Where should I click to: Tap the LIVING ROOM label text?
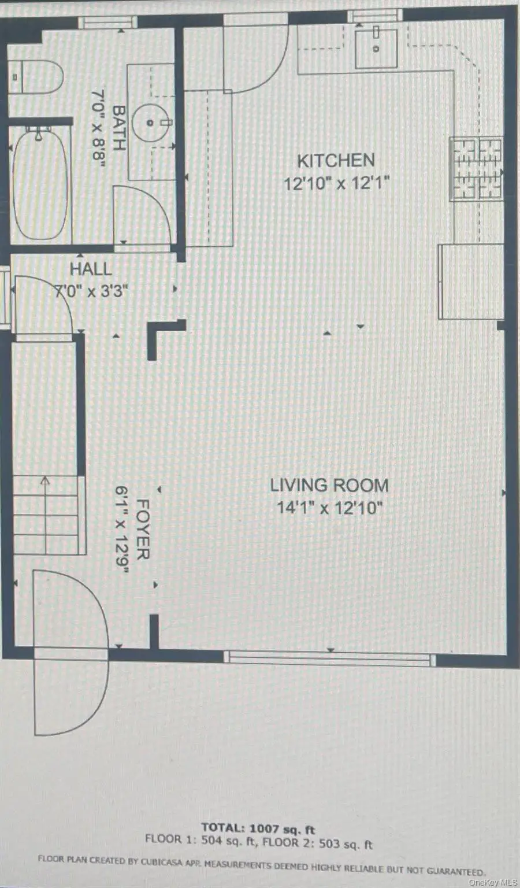pos(329,485)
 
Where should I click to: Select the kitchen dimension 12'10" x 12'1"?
pos(336,184)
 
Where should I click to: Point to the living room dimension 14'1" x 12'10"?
pos(329,508)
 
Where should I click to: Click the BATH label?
pos(119,128)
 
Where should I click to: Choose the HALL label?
pos(91,269)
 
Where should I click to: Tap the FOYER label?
pos(142,530)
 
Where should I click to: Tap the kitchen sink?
pos(376,49)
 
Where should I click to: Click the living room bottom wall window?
pos(329,658)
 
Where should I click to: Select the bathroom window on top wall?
pos(107,23)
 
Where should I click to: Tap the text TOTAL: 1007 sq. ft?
pos(258,828)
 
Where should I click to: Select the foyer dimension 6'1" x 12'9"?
pos(122,530)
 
